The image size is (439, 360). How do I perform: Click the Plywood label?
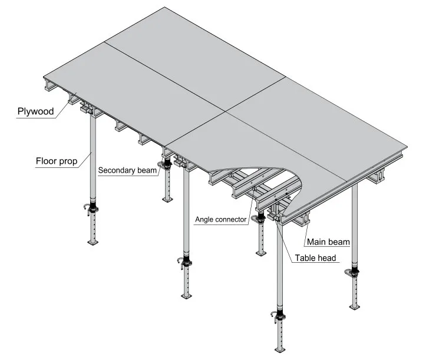(35, 111)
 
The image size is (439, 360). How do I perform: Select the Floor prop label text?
(56, 161)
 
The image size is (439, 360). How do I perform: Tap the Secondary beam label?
(128, 171)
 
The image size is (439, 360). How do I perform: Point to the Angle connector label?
(221, 220)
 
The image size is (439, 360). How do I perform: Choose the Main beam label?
(328, 242)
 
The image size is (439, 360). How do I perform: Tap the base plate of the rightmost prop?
(355, 306)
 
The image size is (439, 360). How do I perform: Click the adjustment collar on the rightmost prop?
(355, 272)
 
